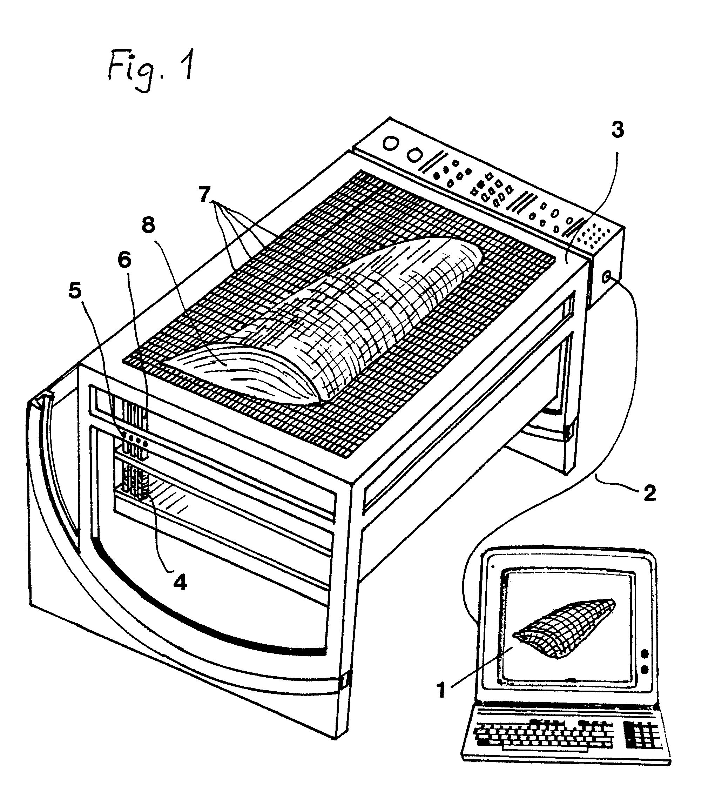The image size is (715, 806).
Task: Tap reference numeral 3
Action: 617,130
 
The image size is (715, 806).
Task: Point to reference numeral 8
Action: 149,226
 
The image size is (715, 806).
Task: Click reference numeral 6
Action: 125,260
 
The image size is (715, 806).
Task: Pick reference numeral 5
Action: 75,291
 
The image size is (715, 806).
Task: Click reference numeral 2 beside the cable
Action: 649,493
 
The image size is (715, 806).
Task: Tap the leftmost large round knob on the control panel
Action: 390,143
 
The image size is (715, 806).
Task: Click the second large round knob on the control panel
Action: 413,155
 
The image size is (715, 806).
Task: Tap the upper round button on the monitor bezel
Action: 645,653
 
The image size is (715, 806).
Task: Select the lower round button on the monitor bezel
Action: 645,669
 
